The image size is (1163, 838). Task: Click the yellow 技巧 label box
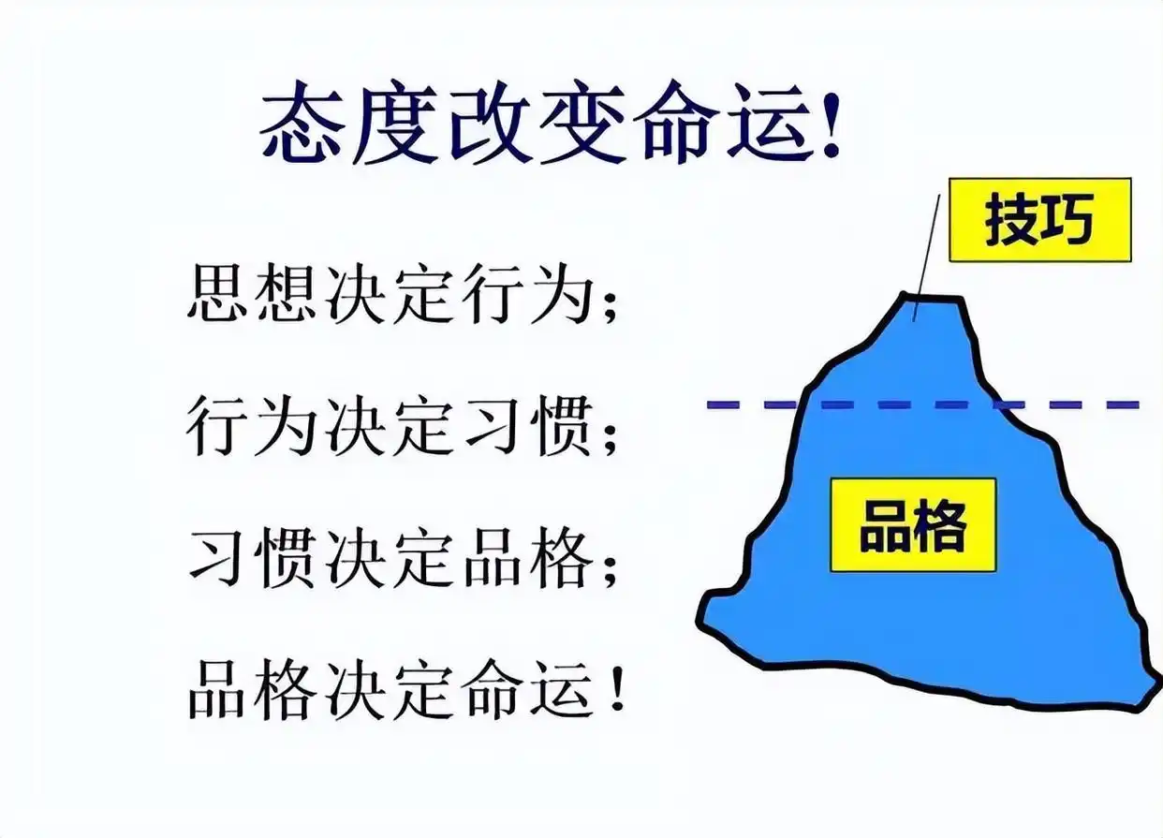tap(1039, 220)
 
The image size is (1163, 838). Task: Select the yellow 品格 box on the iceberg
tap(913, 524)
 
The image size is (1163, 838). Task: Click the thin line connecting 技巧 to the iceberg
tap(928, 248)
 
